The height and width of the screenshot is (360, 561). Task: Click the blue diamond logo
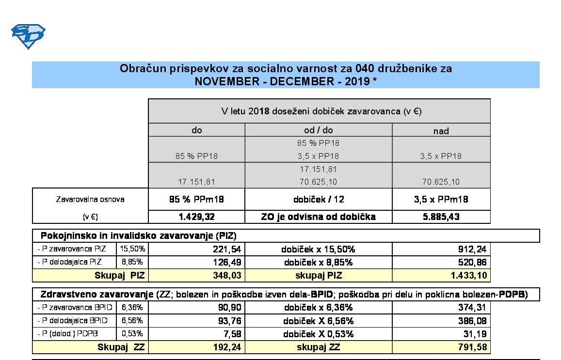pos(28,36)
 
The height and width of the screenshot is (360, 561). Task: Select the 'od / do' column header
pos(318,130)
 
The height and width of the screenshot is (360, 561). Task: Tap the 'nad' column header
pos(441,131)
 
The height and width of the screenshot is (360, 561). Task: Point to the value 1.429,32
pos(196,217)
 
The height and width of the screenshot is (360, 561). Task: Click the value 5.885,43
pos(441,217)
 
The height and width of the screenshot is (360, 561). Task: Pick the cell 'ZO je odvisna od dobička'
pos(318,217)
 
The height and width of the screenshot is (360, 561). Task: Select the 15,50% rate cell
pos(132,249)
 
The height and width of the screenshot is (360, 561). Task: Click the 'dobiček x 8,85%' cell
pos(318,263)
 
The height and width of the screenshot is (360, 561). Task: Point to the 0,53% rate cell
pos(132,334)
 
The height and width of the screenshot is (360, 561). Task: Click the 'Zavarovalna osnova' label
pos(90,199)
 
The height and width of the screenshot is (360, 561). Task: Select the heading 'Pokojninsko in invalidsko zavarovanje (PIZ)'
pos(138,236)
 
